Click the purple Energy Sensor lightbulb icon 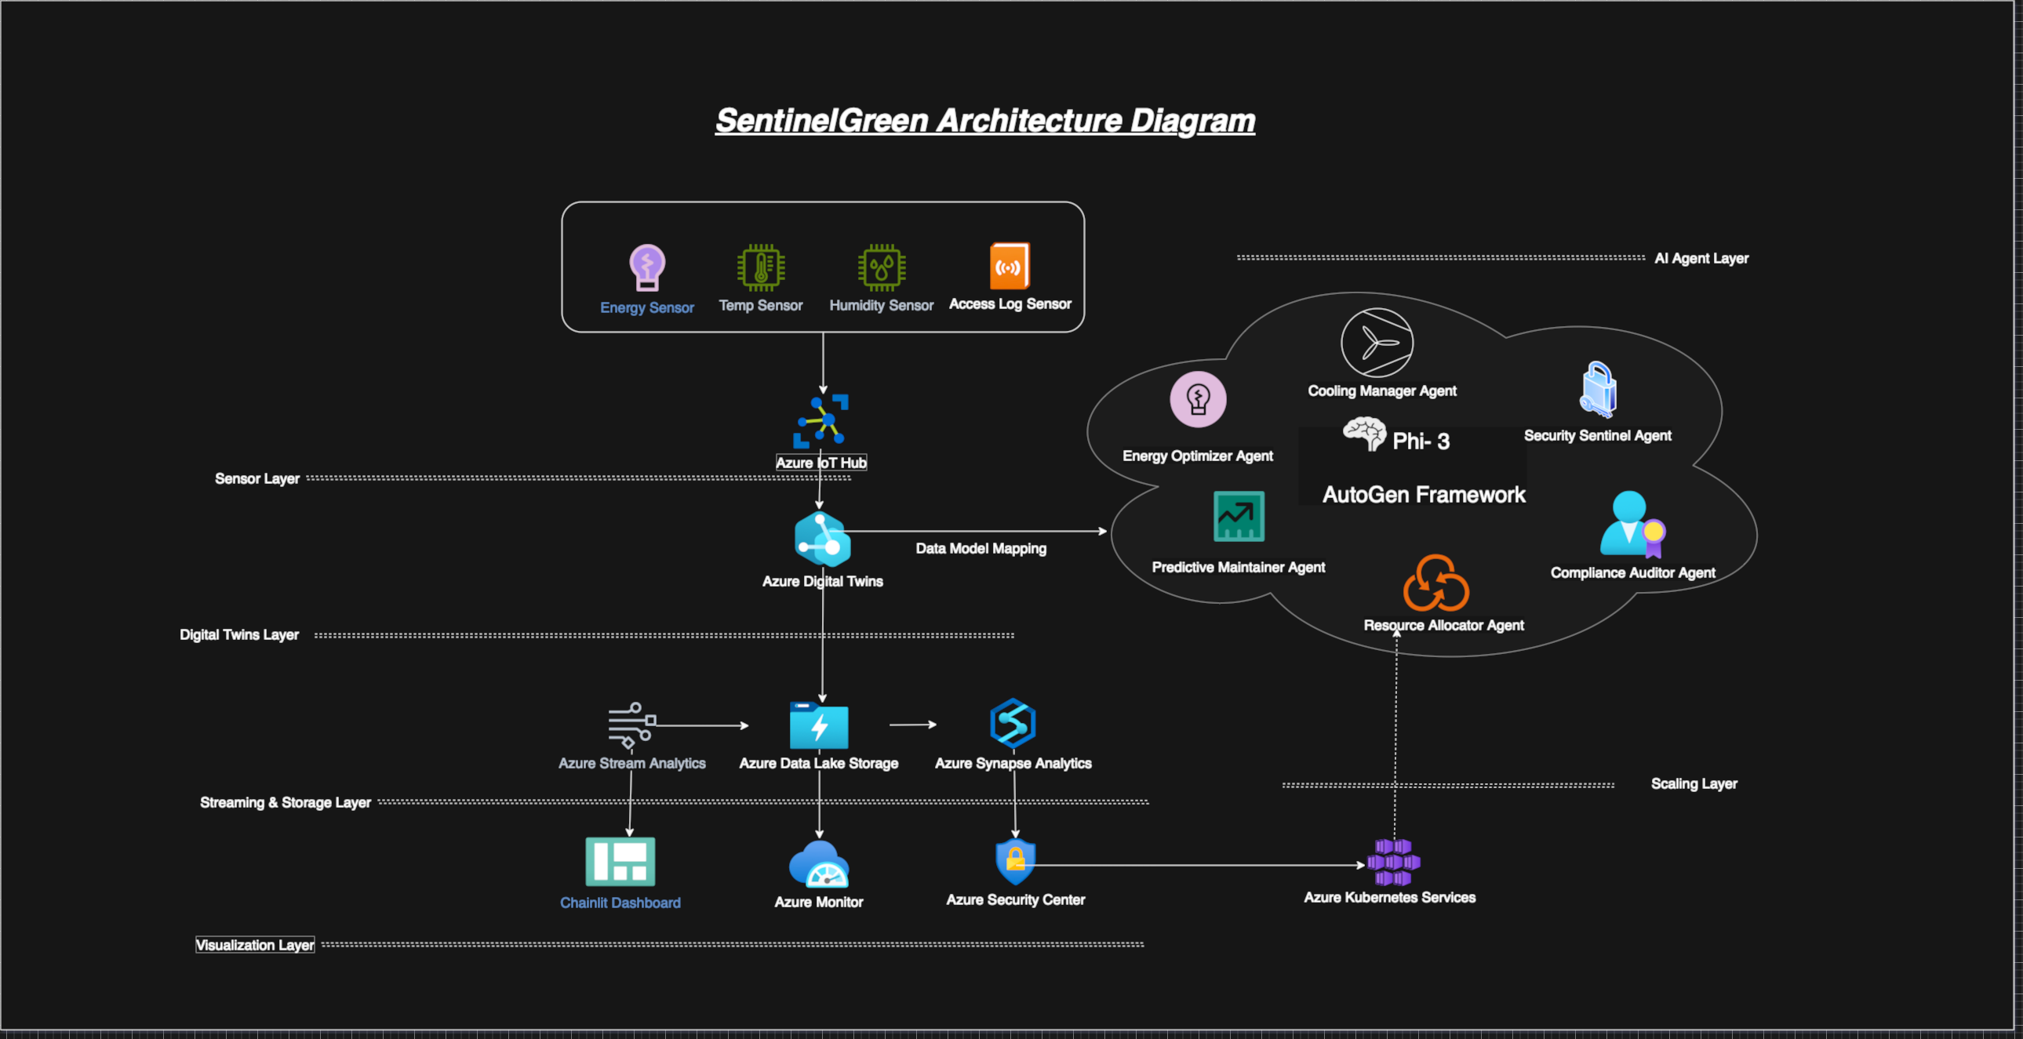[x=647, y=267]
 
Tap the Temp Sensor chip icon [x=760, y=267]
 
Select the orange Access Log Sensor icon [x=1009, y=267]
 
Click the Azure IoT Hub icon [x=821, y=421]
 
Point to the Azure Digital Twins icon [x=822, y=539]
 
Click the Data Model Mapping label [x=981, y=548]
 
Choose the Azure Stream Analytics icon [x=631, y=725]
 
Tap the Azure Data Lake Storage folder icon [x=818, y=725]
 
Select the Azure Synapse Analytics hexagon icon [x=1013, y=722]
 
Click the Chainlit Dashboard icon [x=620, y=862]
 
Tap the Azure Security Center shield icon [x=1016, y=862]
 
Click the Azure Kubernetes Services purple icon [x=1393, y=862]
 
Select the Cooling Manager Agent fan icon [x=1377, y=343]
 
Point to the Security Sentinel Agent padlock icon [x=1598, y=390]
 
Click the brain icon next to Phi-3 [x=1364, y=434]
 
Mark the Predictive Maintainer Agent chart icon [x=1239, y=516]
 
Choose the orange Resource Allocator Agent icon [x=1435, y=583]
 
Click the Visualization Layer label [x=255, y=945]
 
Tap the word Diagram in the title [x=1192, y=121]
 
